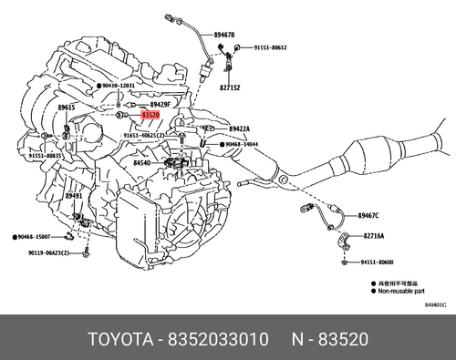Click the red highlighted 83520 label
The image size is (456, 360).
point(150,116)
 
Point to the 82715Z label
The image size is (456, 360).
point(229,87)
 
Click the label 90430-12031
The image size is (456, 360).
point(119,85)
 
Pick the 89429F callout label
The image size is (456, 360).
point(162,106)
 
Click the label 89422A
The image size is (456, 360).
point(239,129)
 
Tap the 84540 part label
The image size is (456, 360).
point(141,163)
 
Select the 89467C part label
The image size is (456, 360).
point(368,216)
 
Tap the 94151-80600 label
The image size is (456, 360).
point(378,262)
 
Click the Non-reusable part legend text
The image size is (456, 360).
point(399,292)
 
